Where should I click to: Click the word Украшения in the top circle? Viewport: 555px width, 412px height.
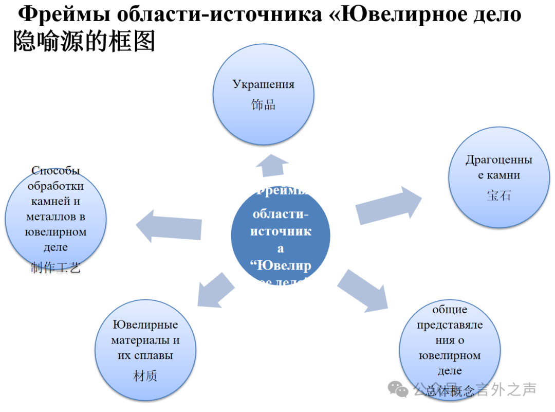tap(263, 84)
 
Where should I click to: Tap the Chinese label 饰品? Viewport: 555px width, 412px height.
tap(263, 105)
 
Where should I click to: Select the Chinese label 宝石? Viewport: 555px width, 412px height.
tap(498, 195)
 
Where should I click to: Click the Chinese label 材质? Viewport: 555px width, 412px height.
tap(145, 376)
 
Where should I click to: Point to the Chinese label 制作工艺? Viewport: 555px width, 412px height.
tap(55, 268)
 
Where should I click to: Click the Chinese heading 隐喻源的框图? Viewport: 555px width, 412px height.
tap(84, 41)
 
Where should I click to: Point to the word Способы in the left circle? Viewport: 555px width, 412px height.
tap(55, 170)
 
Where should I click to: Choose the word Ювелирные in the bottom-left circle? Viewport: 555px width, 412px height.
tap(145, 325)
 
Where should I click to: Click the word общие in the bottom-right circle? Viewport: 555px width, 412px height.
tap(450, 310)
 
